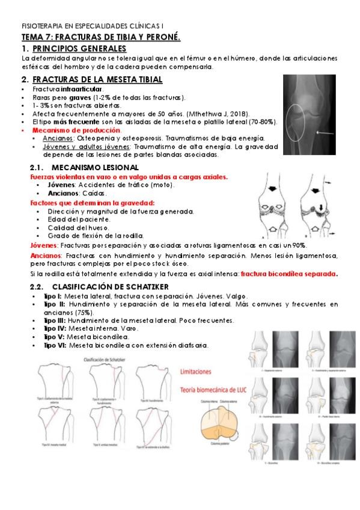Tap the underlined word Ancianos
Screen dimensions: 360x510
55,138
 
